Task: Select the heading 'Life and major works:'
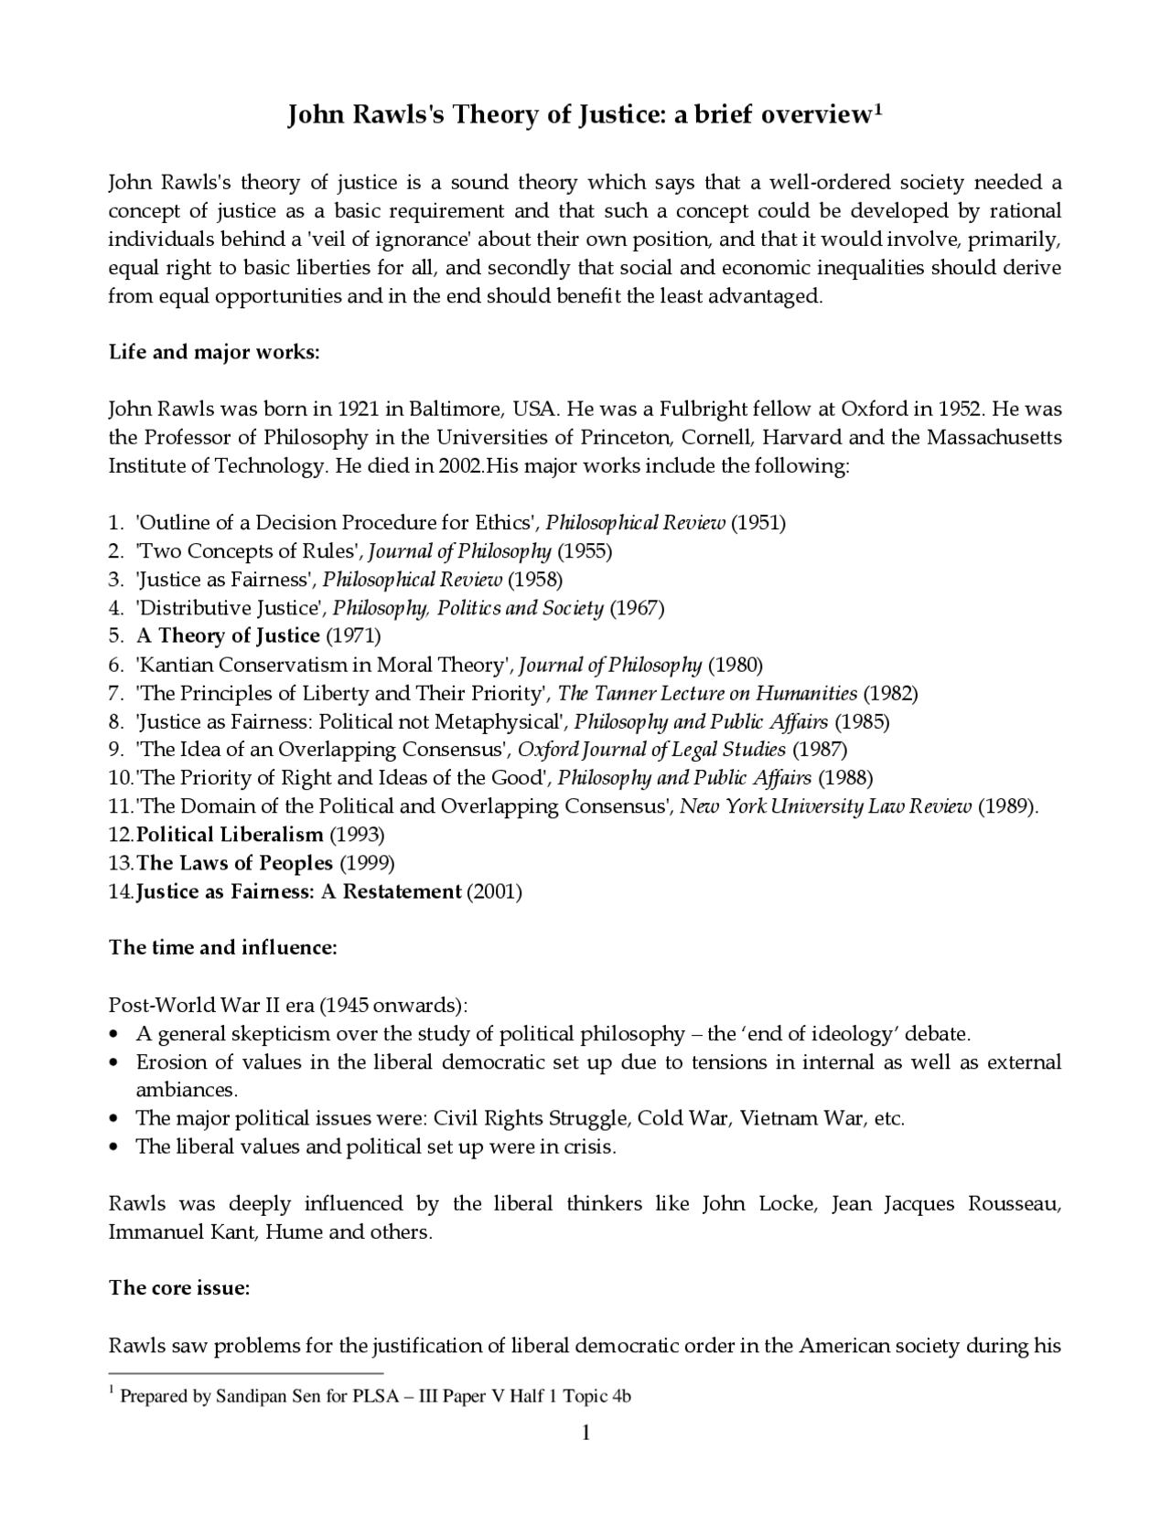tap(214, 352)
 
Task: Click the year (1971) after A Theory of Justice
tap(353, 635)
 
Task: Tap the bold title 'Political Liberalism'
tap(230, 834)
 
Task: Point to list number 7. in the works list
tap(116, 692)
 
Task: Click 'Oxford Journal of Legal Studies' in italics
tap(651, 749)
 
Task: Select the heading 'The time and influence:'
tap(223, 947)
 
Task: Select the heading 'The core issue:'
tap(179, 1288)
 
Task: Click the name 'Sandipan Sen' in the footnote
tap(269, 1397)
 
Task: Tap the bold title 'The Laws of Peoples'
tap(234, 862)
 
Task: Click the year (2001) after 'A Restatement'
tap(494, 891)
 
